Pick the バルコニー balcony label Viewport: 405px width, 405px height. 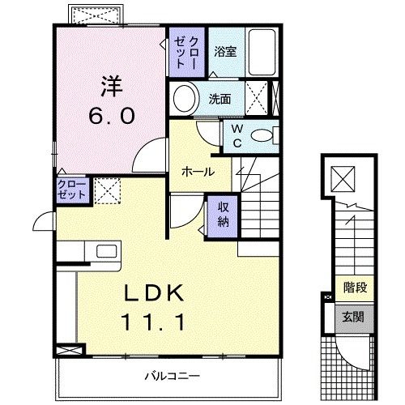173,376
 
